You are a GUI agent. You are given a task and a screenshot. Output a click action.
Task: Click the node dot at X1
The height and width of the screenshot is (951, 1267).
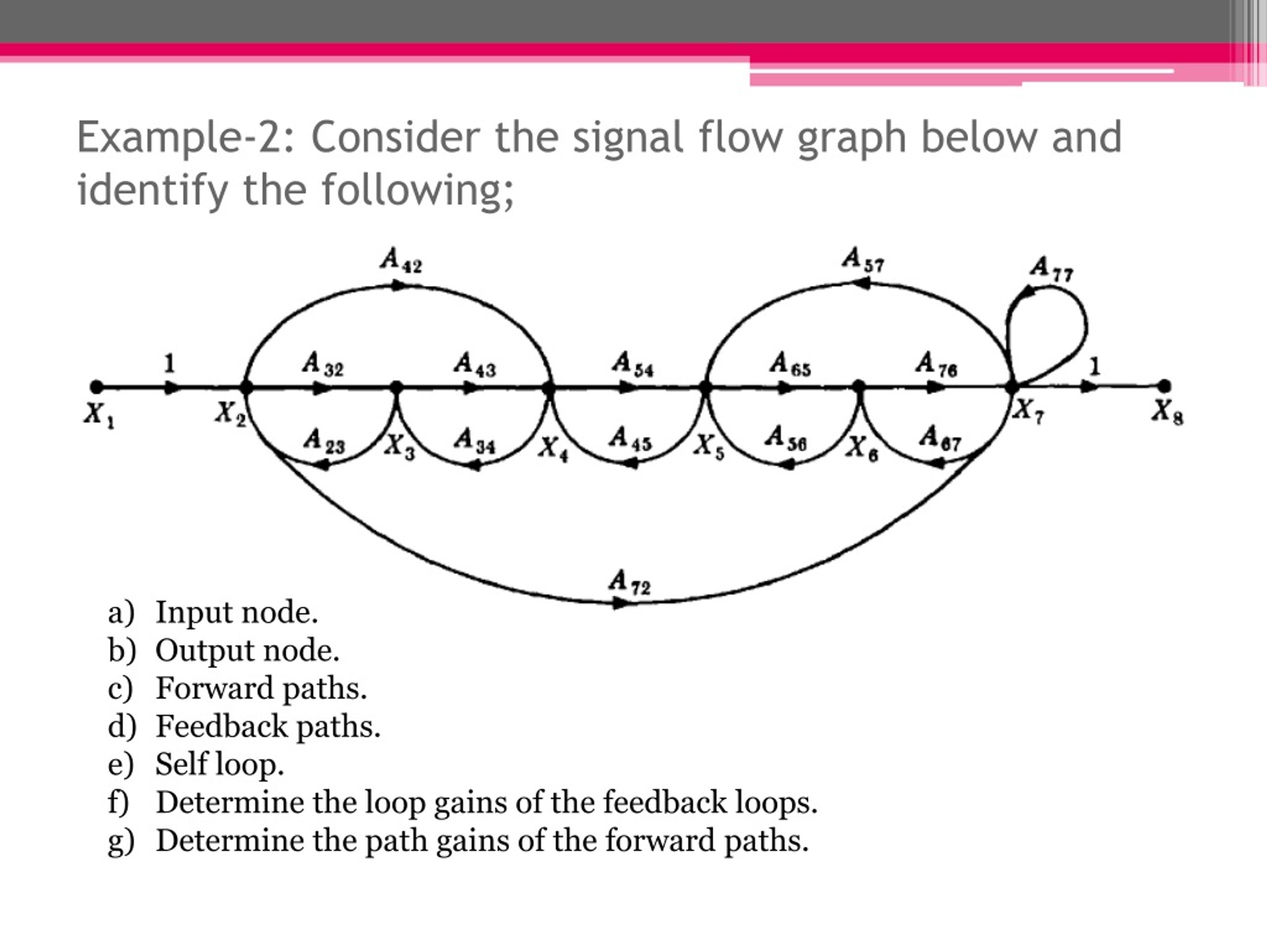tap(97, 387)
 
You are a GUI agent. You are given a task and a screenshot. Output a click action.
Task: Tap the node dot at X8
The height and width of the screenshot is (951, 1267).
tap(1164, 386)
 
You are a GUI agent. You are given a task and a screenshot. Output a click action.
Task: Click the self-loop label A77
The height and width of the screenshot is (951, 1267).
tap(1051, 269)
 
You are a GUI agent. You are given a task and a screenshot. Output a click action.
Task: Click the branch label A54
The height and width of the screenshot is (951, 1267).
tap(632, 364)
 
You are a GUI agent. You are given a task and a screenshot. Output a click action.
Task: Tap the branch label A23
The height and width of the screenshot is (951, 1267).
tap(324, 441)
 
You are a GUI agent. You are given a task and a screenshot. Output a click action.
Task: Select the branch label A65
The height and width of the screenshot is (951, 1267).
tap(790, 364)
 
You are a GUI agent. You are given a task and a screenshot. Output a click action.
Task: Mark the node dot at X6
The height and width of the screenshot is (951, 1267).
tap(859, 387)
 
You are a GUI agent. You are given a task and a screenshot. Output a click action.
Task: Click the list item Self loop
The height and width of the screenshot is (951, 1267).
tap(219, 764)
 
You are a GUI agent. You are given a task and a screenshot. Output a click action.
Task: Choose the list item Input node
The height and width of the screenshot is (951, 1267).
tap(237, 612)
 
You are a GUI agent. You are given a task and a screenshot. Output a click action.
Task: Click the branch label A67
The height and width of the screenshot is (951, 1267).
tap(940, 438)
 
